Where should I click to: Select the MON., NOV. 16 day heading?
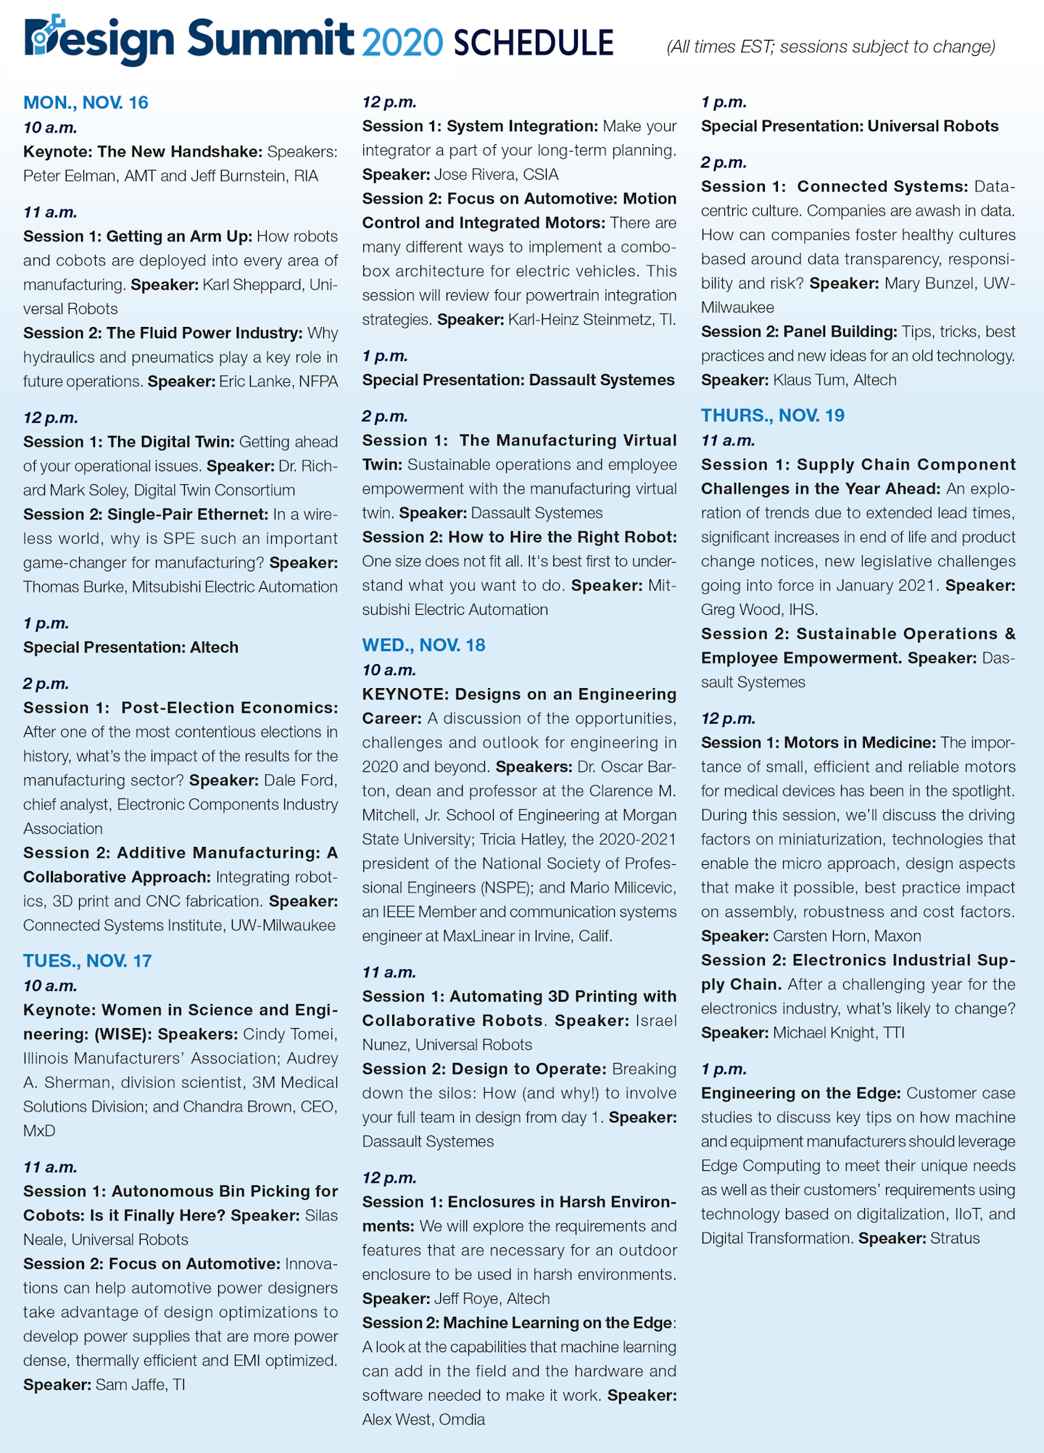pos(86,102)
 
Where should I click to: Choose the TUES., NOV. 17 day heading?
pos(88,961)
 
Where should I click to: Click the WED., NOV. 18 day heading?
pos(423,645)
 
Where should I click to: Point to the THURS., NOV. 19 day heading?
pos(772,415)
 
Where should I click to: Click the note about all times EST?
pos(831,47)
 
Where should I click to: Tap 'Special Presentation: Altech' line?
pos(130,647)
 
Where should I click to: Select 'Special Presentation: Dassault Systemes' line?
pos(518,380)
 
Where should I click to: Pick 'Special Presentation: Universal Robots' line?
pos(850,126)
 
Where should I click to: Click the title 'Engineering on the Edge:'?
pos(800,1093)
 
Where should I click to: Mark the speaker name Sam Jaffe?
pos(123,1384)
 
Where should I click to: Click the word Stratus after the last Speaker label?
pos(955,1238)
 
